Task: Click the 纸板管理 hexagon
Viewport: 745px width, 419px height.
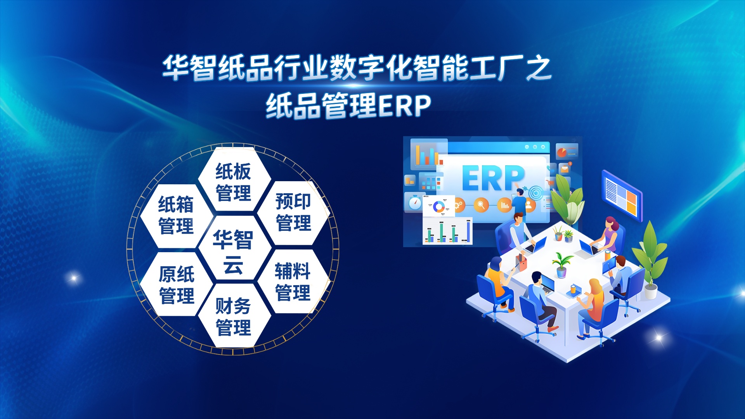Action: (x=233, y=182)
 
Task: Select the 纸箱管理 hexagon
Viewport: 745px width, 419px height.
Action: (x=176, y=215)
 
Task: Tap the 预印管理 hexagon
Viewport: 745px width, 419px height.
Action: (x=293, y=212)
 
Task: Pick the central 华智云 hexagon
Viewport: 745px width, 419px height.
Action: (x=233, y=250)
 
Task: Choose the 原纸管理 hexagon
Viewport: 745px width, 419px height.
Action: (x=177, y=284)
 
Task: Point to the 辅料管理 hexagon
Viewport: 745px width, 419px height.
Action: (x=293, y=282)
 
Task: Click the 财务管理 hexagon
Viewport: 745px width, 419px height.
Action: (x=233, y=316)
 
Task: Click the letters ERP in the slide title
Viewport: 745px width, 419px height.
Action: (x=405, y=106)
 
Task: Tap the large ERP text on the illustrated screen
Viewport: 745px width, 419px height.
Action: (x=493, y=178)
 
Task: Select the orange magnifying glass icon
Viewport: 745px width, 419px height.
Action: (x=481, y=204)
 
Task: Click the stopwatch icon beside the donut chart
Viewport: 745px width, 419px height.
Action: (x=414, y=203)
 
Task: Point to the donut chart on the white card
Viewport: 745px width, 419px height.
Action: (x=438, y=206)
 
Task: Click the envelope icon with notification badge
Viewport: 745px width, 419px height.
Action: (x=565, y=168)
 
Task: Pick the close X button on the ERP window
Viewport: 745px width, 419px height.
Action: (x=543, y=147)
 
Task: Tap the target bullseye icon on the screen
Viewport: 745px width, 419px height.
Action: (x=535, y=192)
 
